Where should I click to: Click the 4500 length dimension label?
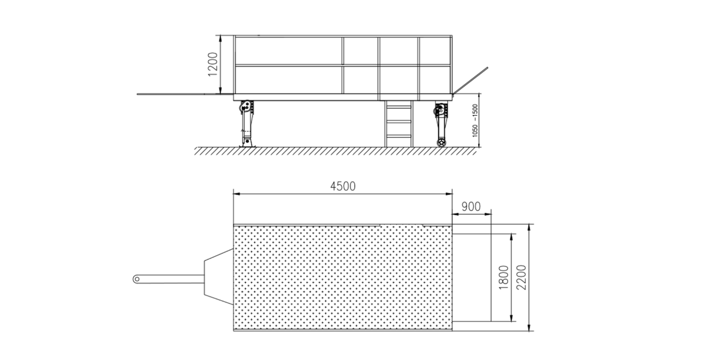coord(342,186)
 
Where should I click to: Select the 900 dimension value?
coord(470,206)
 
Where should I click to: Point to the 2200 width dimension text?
coord(521,278)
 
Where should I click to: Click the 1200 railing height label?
coord(213,65)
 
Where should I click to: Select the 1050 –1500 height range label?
coord(474,121)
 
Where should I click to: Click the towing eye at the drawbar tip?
coord(136,278)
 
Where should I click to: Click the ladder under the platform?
coord(399,124)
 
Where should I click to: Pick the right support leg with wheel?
coord(441,125)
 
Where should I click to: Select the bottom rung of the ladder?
coord(399,136)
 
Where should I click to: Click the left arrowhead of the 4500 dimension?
coord(235,193)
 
